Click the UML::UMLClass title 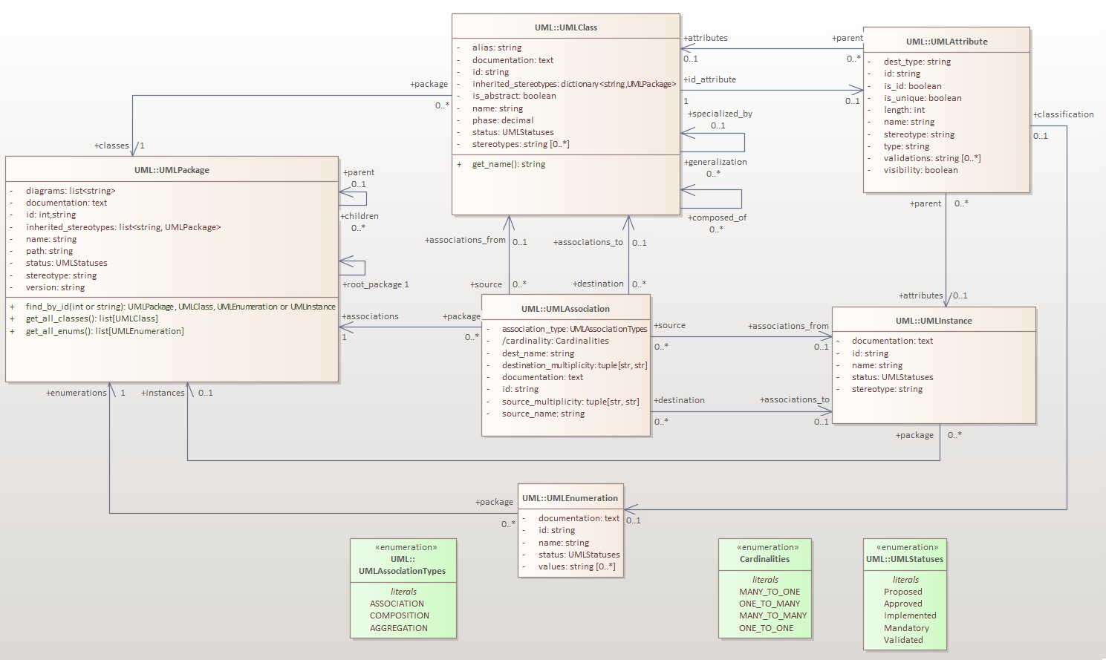(x=565, y=27)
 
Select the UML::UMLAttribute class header (x=946, y=42)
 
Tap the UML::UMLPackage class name (x=172, y=170)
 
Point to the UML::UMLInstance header (x=934, y=321)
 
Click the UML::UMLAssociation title (x=565, y=309)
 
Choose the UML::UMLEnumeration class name (x=570, y=498)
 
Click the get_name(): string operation (x=508, y=164)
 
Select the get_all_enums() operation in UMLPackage (x=105, y=331)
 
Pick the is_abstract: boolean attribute (x=514, y=96)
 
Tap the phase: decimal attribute (x=503, y=120)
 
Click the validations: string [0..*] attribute (x=931, y=158)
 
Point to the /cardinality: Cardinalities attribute (x=555, y=341)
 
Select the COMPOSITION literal (x=399, y=615)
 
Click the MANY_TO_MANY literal (x=772, y=615)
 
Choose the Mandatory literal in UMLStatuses (x=906, y=628)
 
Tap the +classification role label (x=1063, y=114)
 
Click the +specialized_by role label (x=720, y=114)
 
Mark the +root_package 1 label (x=375, y=284)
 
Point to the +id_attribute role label (x=709, y=79)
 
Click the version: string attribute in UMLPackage (x=55, y=287)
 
